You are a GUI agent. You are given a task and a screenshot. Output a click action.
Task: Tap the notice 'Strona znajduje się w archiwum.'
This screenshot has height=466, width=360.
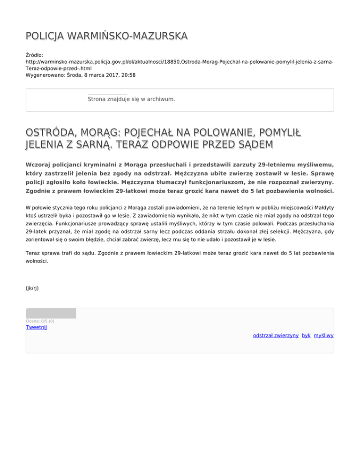click(131, 99)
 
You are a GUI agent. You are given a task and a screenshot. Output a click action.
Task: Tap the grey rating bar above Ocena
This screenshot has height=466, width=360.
click(51, 313)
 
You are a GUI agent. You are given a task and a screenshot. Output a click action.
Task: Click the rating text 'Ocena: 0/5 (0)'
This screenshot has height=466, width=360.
click(40, 321)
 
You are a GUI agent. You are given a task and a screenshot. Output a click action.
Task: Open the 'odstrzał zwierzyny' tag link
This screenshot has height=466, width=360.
click(276, 336)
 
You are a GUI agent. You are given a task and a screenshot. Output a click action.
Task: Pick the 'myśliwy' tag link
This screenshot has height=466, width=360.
click(323, 336)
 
